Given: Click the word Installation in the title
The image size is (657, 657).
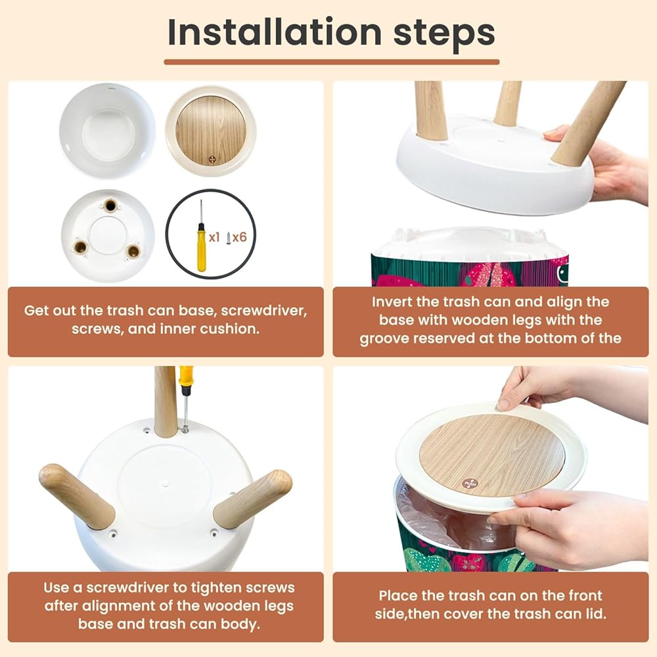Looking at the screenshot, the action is point(275,32).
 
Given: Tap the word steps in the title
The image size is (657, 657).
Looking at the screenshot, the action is point(444,34).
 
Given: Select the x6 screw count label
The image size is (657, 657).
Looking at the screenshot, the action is point(239,238).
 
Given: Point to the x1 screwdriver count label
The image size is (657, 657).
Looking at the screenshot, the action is point(214,238).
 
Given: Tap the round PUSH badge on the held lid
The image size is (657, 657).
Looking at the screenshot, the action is point(469,484).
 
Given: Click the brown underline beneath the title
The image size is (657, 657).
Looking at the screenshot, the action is point(331,62).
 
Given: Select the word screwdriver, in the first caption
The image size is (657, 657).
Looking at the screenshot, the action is point(264,311).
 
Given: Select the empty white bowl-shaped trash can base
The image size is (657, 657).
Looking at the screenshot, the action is point(107,131).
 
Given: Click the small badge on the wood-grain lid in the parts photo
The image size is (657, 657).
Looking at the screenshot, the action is point(212,160).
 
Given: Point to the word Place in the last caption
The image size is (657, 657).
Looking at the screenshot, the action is point(397,595).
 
